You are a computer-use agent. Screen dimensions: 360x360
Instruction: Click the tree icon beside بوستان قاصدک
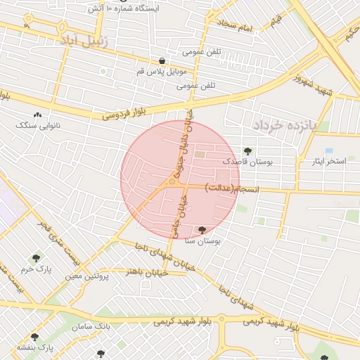tap(247, 150)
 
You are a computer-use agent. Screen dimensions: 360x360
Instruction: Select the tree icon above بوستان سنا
tap(202, 229)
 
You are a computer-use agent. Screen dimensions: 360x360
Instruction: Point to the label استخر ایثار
tap(329, 161)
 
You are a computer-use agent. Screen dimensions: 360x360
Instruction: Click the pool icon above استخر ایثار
tap(329, 150)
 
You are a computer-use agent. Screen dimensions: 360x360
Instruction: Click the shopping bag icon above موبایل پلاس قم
tap(162, 61)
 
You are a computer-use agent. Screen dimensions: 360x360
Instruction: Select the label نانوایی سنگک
tap(38, 124)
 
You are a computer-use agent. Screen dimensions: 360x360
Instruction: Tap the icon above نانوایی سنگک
tap(37, 114)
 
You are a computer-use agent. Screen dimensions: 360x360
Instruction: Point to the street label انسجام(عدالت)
tap(233, 189)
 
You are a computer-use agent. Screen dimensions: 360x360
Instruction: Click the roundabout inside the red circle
tap(172, 183)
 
